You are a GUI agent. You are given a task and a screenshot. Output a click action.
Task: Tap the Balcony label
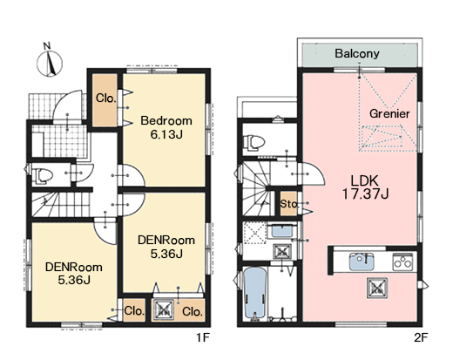coord(357,53)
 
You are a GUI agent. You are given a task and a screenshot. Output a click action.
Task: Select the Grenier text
coord(389,113)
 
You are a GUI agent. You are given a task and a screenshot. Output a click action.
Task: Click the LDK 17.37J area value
coord(365,194)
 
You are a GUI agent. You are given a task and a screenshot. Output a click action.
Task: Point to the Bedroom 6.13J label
coord(166,127)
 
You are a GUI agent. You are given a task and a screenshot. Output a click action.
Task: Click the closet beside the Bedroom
coord(105,100)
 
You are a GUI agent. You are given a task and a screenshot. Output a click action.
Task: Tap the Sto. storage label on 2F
coord(288,204)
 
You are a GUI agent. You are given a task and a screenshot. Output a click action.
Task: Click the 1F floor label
coord(202,337)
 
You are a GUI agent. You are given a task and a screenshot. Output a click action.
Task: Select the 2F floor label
coord(421,337)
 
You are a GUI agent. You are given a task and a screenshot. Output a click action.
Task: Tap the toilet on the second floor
coord(254,142)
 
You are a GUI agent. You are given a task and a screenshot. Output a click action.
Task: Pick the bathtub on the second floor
coord(254,293)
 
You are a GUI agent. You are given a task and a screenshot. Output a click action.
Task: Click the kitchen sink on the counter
coord(362,262)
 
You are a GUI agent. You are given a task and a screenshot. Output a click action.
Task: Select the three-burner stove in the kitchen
coord(402,262)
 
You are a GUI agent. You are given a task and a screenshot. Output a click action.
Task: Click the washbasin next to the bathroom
coord(281,231)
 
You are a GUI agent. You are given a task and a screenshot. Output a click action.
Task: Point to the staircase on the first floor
coord(60,204)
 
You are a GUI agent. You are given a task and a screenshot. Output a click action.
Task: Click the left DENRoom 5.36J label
coord(74,274)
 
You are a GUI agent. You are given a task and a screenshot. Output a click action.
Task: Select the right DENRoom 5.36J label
coord(166,247)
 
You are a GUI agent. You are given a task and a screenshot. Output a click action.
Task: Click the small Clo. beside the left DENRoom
coord(134,310)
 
